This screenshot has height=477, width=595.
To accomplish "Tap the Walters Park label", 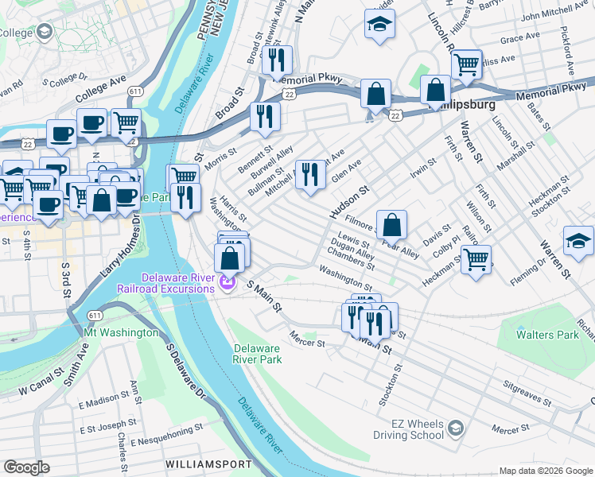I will coord(547,335).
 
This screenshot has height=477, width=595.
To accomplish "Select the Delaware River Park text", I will coord(258,354).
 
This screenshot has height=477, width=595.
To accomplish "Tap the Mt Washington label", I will coord(119,332).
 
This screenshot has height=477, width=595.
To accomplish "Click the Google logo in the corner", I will coord(26,467).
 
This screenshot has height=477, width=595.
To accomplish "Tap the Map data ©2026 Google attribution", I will coord(546,471).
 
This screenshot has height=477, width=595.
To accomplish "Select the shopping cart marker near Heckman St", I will coord(476,258).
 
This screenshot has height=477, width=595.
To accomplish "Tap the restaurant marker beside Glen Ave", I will coord(310,175).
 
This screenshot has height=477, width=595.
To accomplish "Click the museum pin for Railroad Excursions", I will coord(229,282).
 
